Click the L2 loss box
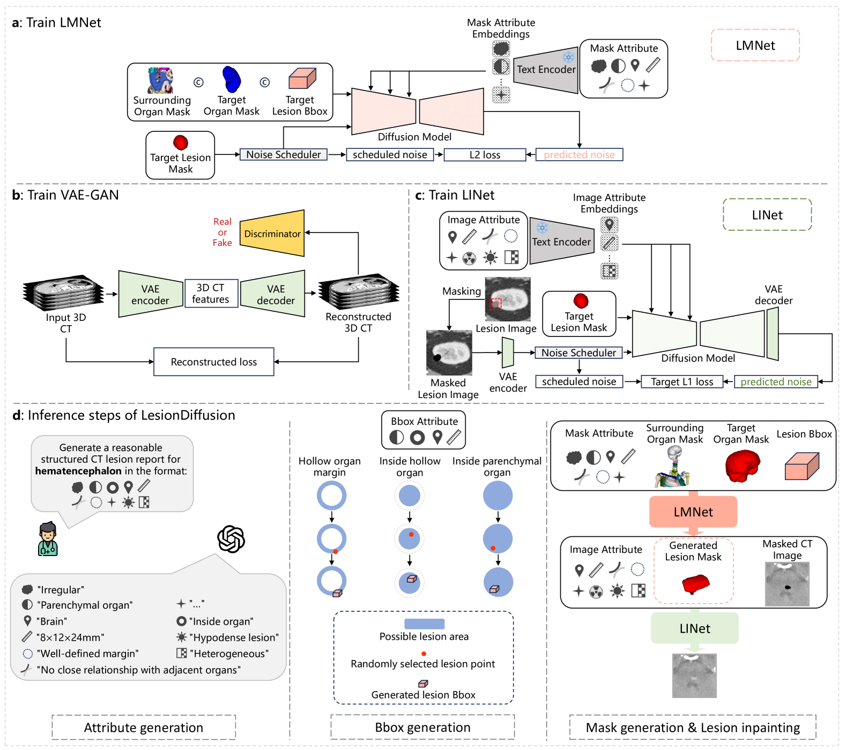click(485, 155)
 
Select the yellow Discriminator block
click(272, 234)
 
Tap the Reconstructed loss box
click(213, 362)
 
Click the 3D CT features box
click(211, 294)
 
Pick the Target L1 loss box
click(681, 382)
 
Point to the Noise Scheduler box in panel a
click(283, 155)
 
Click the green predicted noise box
click(776, 382)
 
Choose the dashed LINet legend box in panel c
click(767, 215)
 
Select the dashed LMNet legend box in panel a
click(755, 46)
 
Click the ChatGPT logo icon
click(231, 538)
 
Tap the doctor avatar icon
click(48, 539)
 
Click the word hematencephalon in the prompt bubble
click(78, 471)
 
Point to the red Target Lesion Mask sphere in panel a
click(181, 142)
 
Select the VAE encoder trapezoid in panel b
click(150, 294)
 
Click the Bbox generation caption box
click(422, 727)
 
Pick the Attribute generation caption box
click(144, 727)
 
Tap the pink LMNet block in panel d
click(693, 512)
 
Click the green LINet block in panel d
click(695, 628)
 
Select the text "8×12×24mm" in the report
click(70, 637)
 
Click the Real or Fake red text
click(222, 232)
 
